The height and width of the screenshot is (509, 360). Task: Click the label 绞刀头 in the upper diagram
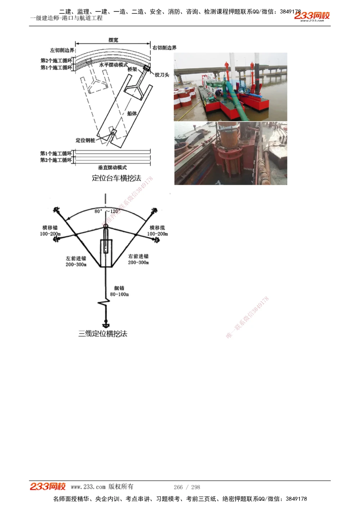pos(162,75)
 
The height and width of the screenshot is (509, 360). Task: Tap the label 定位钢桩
pos(85,140)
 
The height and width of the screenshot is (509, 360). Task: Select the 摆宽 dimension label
pos(113,40)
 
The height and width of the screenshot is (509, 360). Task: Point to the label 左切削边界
pos(62,50)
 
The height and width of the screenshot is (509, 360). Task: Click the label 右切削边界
pos(165,47)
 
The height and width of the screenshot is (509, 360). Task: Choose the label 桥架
pos(132,69)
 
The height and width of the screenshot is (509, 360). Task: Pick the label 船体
pos(132,113)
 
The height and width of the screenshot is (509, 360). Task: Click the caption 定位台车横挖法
pos(116,178)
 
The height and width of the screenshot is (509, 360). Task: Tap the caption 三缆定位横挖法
pos(103,334)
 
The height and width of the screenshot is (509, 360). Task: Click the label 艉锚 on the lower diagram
pos(119,288)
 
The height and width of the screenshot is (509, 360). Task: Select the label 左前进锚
pos(76,258)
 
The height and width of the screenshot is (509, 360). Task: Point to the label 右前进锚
pos(138,256)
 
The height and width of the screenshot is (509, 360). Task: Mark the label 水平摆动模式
pos(113,65)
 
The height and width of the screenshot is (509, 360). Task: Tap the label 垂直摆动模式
pos(112,167)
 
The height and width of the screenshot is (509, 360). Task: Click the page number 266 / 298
pos(187,487)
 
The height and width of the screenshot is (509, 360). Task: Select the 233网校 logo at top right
pos(312,16)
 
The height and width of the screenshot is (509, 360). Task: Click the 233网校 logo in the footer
pos(48,486)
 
